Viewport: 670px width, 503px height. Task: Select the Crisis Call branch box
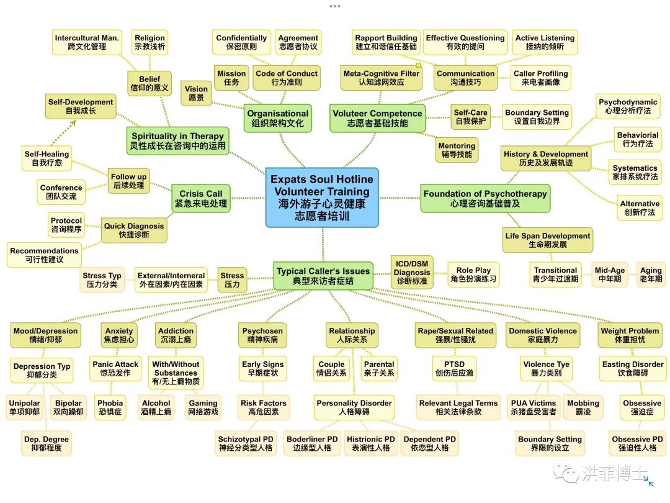[201, 198]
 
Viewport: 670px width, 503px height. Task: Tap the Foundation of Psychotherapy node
[485, 198]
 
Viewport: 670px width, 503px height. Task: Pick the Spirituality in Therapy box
[177, 141]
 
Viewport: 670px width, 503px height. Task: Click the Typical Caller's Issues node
[323, 276]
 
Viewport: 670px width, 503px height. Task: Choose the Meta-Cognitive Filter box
[382, 78]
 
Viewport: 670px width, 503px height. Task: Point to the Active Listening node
[545, 42]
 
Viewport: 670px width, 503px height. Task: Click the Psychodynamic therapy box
[627, 106]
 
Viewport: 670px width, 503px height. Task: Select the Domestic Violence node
[543, 335]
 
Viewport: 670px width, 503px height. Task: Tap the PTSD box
[454, 368]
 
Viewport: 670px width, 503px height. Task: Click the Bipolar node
[68, 407]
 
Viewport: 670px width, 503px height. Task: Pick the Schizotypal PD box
[246, 443]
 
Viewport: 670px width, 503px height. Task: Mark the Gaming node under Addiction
[203, 407]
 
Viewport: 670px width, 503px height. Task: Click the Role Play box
[473, 274]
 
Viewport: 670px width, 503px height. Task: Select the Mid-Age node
[609, 274]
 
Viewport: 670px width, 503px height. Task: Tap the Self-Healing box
[47, 158]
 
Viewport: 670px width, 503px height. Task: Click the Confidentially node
[241, 42]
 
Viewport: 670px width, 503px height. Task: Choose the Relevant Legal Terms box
[458, 407]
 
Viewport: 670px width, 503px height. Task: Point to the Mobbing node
[583, 407]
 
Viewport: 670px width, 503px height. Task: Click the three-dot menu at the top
[335, 6]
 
